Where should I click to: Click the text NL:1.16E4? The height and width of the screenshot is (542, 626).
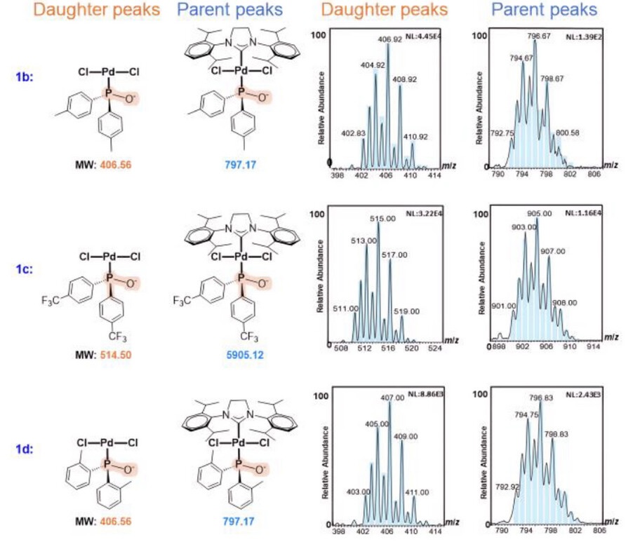click(586, 211)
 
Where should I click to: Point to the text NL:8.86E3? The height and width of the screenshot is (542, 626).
click(422, 396)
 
